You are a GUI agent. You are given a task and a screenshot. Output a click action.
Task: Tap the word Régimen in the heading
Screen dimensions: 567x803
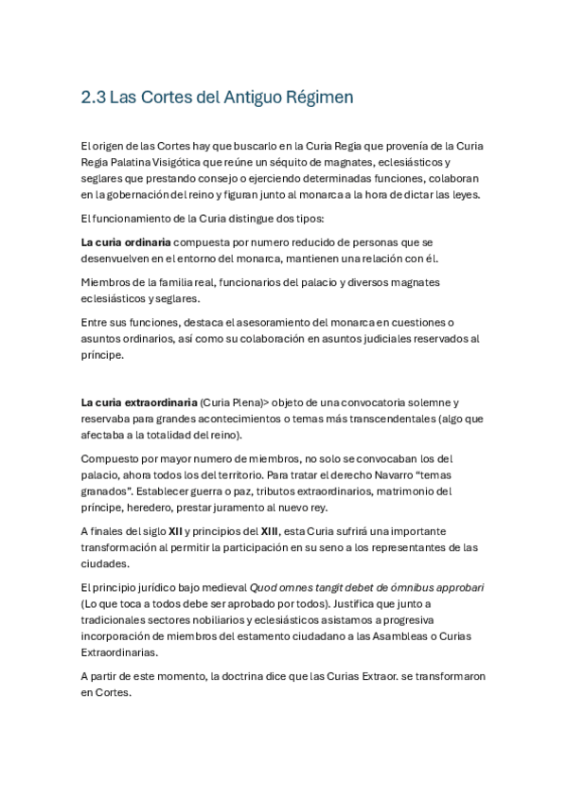click(319, 98)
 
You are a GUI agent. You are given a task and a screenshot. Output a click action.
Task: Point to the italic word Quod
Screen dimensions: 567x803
click(265, 588)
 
